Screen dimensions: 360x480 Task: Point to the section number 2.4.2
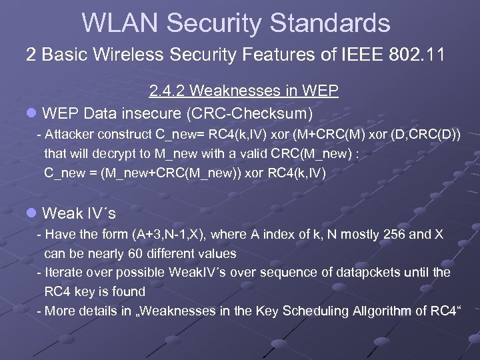click(x=171, y=90)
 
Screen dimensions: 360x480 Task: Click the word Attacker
click(x=71, y=135)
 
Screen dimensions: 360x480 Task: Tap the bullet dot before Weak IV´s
click(x=31, y=213)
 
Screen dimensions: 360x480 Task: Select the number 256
click(x=381, y=234)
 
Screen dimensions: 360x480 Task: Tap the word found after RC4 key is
click(x=130, y=291)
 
